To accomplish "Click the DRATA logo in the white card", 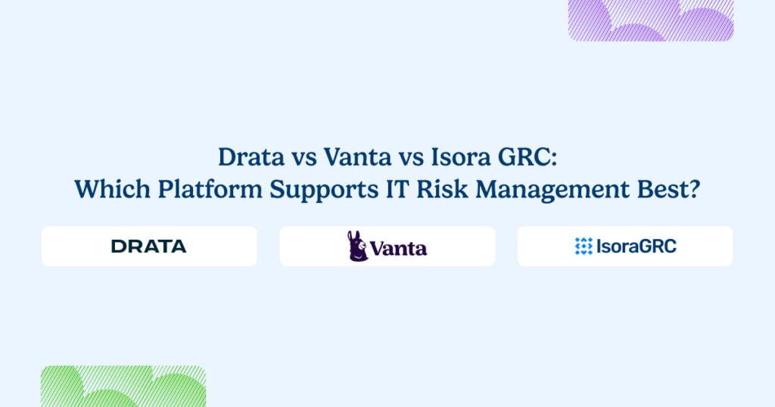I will [x=148, y=246].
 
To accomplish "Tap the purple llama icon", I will [x=357, y=246].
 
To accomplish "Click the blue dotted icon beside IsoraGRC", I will [x=584, y=246].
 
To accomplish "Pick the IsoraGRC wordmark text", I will [x=636, y=246].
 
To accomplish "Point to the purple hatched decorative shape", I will [x=651, y=20].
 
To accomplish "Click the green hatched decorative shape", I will [x=123, y=386].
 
